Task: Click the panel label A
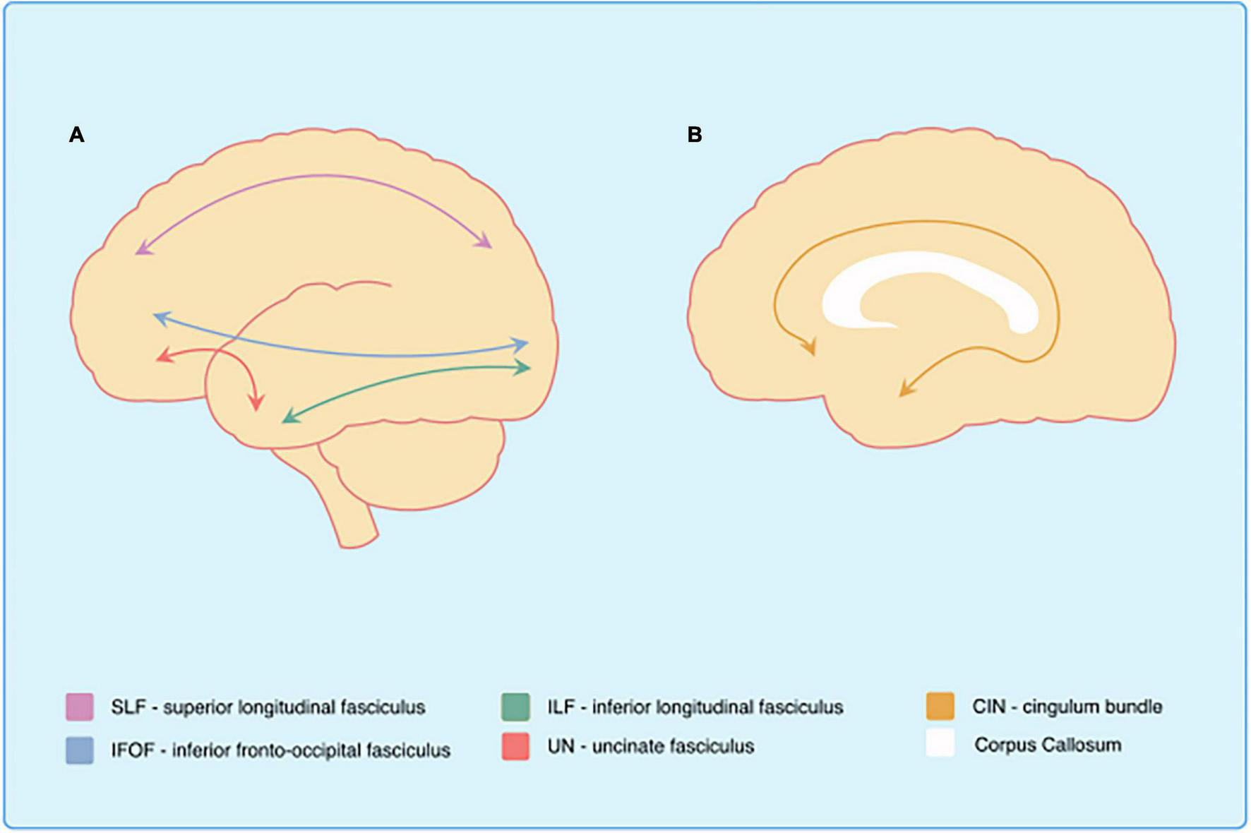click(76, 134)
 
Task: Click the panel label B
click(694, 134)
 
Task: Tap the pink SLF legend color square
click(80, 707)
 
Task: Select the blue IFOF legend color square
click(80, 750)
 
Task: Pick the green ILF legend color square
click(516, 707)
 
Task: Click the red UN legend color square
click(516, 746)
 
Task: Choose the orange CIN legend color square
click(940, 707)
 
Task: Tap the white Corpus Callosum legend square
click(940, 744)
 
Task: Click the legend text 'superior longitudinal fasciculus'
click(294, 707)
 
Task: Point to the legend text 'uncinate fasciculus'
click(673, 746)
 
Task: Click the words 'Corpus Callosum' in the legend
click(1048, 745)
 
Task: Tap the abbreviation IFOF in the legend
click(132, 750)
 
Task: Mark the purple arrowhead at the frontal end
click(141, 248)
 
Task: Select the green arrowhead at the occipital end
click(524, 367)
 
